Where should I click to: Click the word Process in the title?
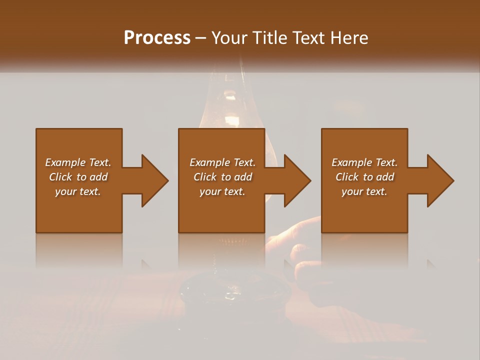pyautogui.click(x=157, y=37)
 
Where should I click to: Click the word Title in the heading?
pyautogui.click(x=270, y=37)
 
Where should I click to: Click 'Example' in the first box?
pyautogui.click(x=65, y=162)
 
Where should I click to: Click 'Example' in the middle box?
pyautogui.click(x=209, y=162)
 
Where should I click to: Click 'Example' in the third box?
pyautogui.click(x=351, y=162)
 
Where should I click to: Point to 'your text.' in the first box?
pyautogui.click(x=78, y=191)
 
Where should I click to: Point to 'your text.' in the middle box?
pyautogui.click(x=222, y=191)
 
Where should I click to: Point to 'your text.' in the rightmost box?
pyautogui.click(x=364, y=191)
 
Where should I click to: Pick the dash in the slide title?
pyautogui.click(x=201, y=38)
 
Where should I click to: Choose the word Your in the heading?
pyautogui.click(x=230, y=37)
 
